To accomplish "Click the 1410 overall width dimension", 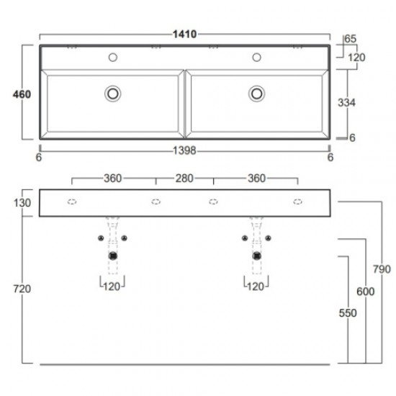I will point(184,34).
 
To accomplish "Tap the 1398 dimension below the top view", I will point(184,150).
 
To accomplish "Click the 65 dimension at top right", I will point(351,38).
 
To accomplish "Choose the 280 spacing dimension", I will point(184,178).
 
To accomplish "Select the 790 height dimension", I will point(381,269).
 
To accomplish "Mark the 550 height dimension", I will point(349,314).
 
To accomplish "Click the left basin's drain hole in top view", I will point(112,93).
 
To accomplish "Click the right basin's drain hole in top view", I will point(256,93).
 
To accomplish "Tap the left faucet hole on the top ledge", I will point(112,57).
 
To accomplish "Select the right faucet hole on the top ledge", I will point(256,57).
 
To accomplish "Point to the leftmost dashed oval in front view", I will point(72,202).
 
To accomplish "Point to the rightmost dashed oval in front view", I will point(297,202).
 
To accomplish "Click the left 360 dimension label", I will point(112,178).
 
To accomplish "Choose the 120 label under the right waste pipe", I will point(255,286).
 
